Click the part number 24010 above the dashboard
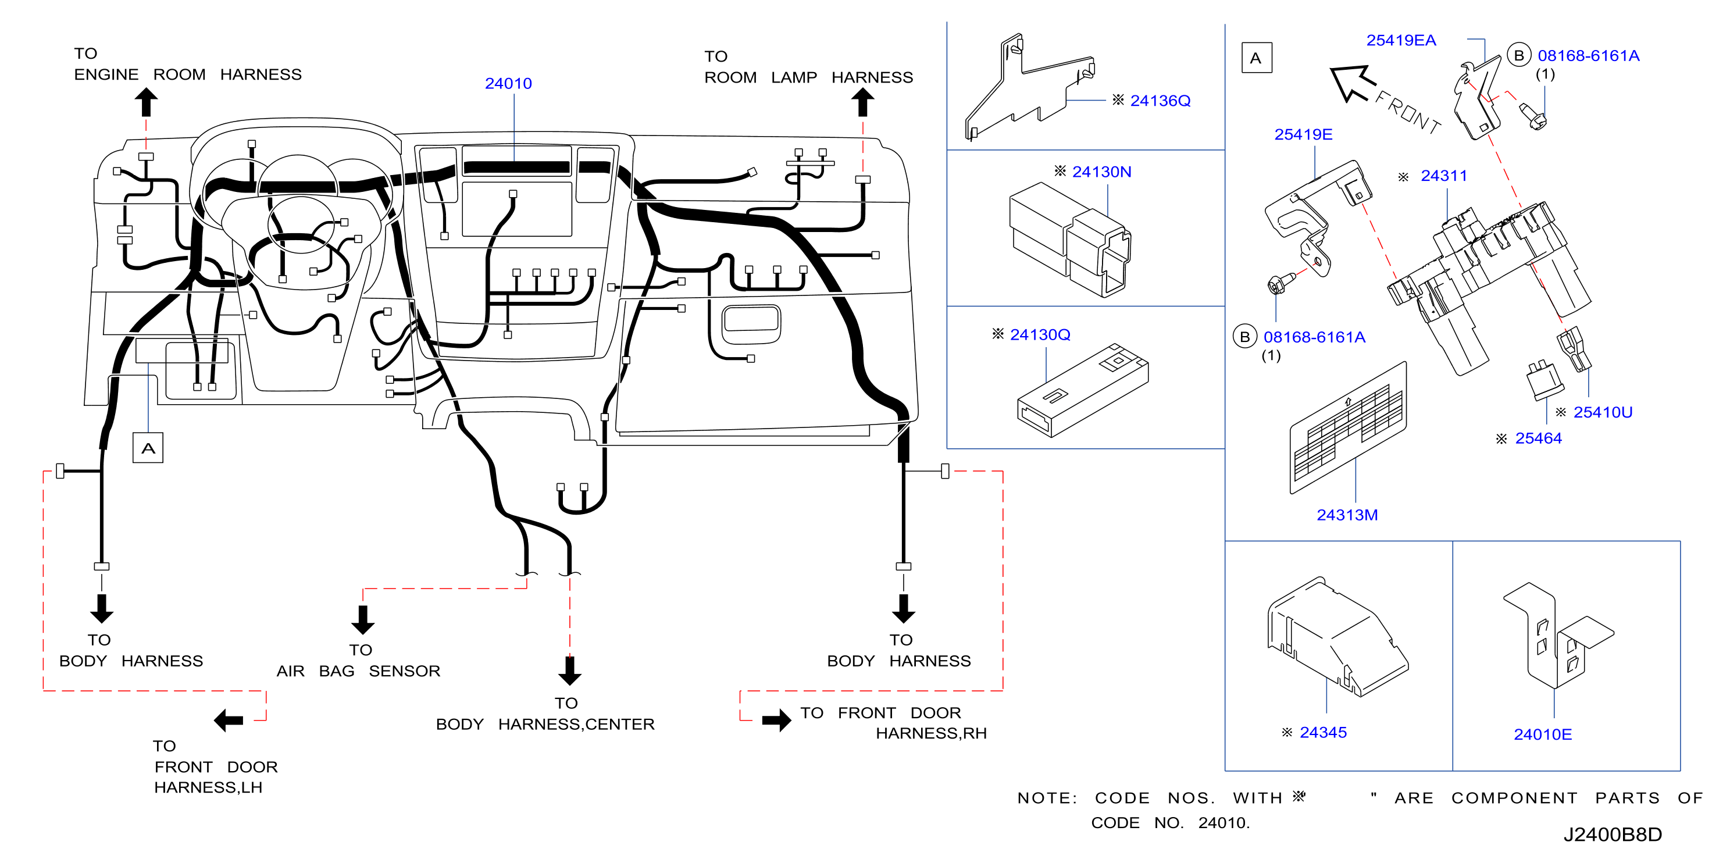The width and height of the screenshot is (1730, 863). click(508, 83)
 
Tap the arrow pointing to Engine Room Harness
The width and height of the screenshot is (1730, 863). click(146, 104)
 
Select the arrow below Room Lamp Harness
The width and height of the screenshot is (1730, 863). click(862, 104)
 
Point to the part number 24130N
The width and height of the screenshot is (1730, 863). click(1101, 172)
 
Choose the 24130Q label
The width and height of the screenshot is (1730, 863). click(1040, 334)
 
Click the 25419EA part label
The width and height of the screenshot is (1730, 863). click(1401, 40)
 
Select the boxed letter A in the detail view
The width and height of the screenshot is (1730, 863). click(1256, 58)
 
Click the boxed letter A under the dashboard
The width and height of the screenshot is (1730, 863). click(148, 448)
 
